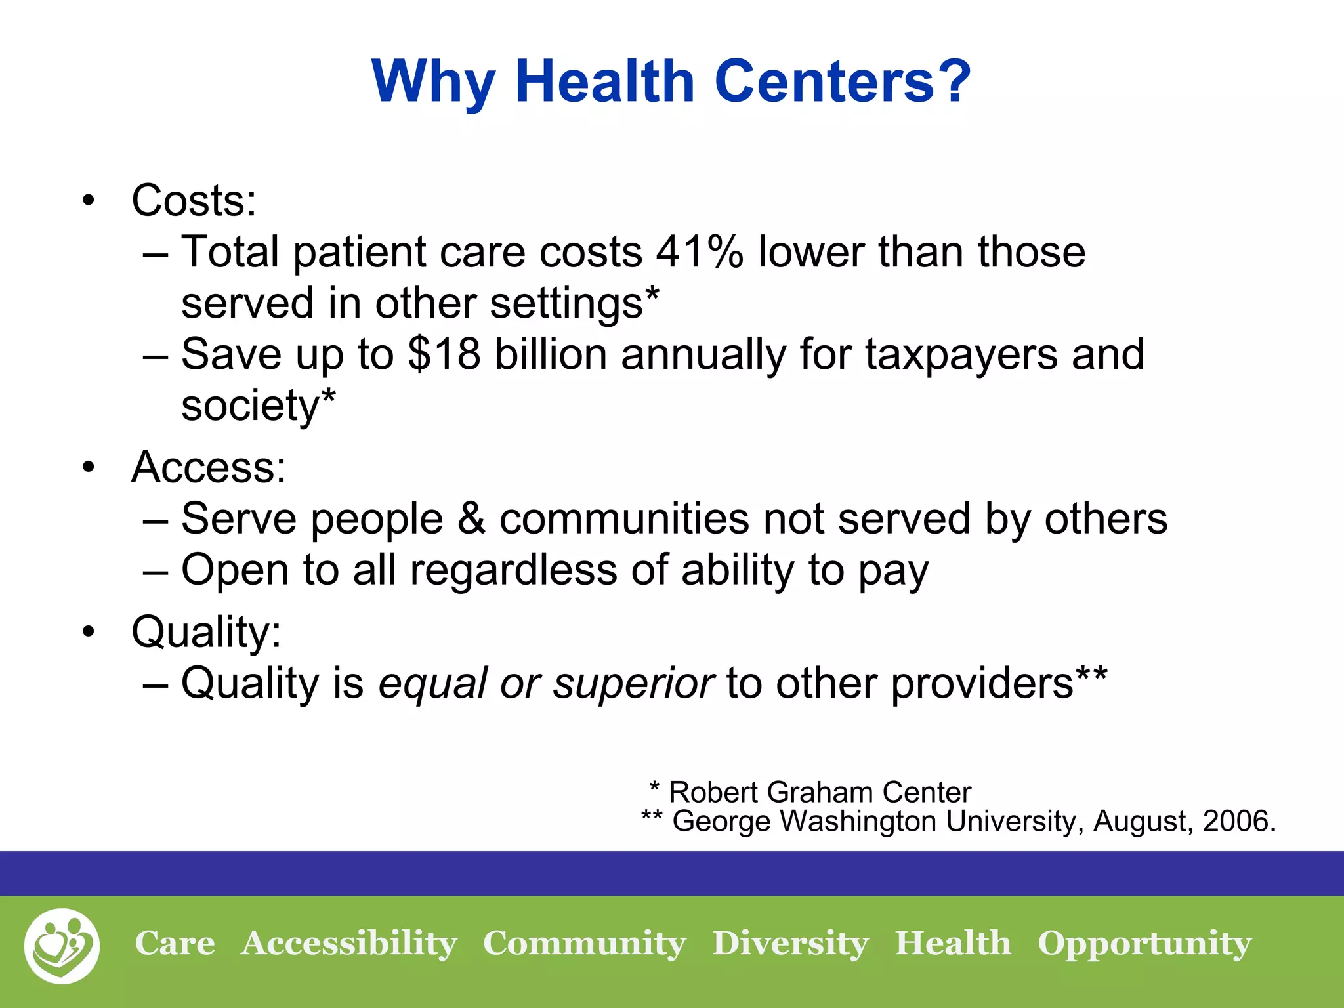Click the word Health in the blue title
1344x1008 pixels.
click(604, 81)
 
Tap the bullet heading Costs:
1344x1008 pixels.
click(194, 200)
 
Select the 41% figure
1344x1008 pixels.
click(699, 252)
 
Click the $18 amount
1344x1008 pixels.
click(444, 354)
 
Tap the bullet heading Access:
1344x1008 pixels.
click(209, 467)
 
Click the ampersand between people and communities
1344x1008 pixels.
click(471, 518)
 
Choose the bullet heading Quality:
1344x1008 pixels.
click(206, 633)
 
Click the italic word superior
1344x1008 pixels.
click(633, 684)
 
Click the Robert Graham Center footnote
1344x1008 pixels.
click(810, 792)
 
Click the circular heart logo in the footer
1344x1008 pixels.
click(62, 946)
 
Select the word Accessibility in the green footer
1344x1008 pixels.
click(348, 944)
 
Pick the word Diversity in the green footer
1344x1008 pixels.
click(790, 944)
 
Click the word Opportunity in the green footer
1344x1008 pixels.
click(1144, 944)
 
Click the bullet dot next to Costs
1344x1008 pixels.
click(89, 201)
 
